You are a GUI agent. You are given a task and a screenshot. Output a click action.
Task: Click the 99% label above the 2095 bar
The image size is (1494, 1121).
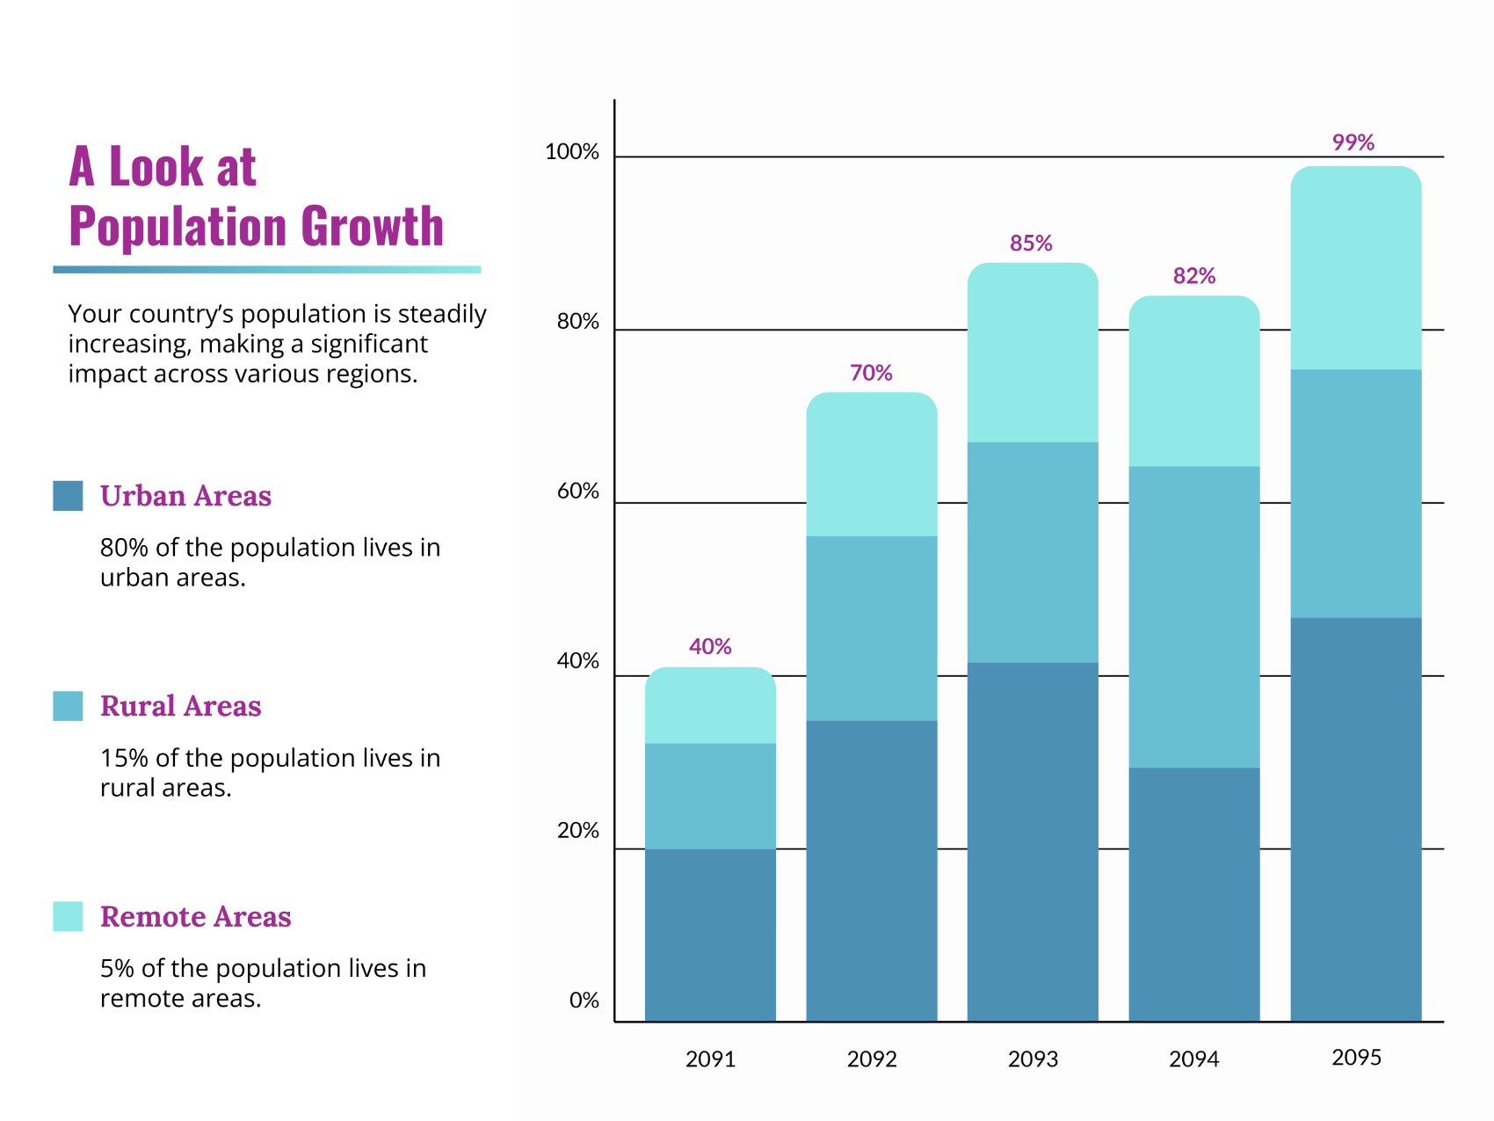(1353, 142)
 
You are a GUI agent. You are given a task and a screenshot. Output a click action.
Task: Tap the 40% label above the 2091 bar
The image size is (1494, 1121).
(710, 647)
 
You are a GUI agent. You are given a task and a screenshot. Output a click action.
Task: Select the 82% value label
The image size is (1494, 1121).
(1193, 276)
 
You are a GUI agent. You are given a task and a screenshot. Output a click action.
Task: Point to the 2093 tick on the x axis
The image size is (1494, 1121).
(1033, 1059)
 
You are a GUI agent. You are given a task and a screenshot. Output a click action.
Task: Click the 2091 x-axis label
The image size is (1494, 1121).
(710, 1059)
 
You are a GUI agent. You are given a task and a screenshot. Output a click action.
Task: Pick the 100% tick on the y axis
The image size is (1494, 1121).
(572, 152)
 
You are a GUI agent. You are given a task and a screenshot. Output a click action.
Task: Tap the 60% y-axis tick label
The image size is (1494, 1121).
(577, 491)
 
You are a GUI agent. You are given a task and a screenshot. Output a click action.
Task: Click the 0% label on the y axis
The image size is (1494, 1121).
(584, 1001)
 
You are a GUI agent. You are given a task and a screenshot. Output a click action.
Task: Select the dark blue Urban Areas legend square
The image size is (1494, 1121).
(68, 496)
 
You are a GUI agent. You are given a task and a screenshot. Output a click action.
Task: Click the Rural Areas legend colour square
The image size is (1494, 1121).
(68, 706)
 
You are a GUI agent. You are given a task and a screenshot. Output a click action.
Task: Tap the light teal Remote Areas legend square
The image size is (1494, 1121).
(68, 916)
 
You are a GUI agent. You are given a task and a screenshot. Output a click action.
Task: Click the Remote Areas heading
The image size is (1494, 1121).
(195, 917)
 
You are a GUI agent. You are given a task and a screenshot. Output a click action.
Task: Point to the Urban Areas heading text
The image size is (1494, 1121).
(185, 496)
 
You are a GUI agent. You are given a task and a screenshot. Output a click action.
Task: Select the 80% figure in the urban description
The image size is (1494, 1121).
(124, 548)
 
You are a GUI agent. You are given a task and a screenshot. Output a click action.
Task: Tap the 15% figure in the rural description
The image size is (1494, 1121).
(123, 758)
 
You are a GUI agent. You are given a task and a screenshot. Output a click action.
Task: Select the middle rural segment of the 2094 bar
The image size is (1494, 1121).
(1193, 617)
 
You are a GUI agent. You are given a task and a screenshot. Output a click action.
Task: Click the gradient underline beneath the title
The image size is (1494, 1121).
(266, 269)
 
